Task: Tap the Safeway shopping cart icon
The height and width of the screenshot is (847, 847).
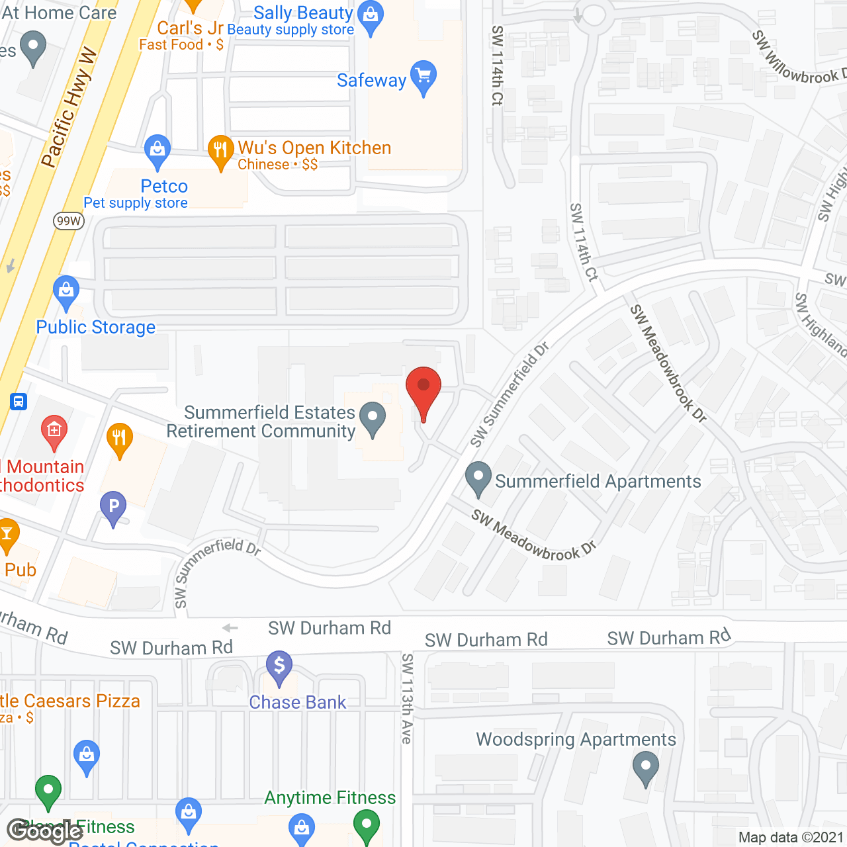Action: point(423,77)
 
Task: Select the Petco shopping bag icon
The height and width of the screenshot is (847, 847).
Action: point(157,152)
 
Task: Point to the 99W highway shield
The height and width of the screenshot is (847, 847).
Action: point(69,221)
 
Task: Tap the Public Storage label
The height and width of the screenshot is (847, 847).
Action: point(96,327)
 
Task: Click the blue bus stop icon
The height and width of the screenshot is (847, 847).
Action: point(19,401)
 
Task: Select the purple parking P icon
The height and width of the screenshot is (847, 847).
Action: point(113,508)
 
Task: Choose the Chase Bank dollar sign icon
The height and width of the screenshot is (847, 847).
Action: point(279,666)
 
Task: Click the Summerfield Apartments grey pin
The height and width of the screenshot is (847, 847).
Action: point(478,478)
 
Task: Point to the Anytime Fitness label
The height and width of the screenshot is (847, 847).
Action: point(330,797)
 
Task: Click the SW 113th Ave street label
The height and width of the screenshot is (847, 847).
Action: point(407,698)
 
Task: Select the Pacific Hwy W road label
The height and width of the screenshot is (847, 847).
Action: point(68,108)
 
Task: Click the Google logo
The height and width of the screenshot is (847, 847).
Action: point(45,831)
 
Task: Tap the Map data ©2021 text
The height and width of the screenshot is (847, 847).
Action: point(791,837)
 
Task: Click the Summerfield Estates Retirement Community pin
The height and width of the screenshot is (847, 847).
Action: point(373,418)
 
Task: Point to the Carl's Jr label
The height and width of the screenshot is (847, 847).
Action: point(190,28)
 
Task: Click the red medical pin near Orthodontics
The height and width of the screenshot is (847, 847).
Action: point(54,431)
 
